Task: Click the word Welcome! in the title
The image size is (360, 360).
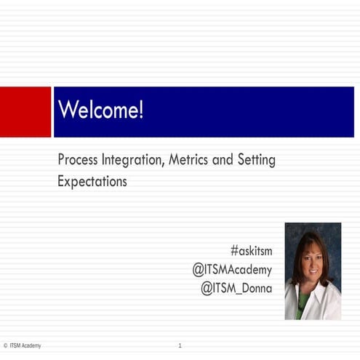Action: click(x=100, y=111)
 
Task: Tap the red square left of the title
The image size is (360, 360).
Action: click(x=25, y=111)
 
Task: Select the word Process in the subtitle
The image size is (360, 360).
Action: click(x=79, y=160)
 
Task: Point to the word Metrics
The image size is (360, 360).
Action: click(x=191, y=160)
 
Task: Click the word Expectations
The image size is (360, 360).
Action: click(x=92, y=182)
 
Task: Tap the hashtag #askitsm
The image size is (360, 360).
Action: click(x=251, y=251)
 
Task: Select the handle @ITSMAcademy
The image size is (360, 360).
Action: click(x=232, y=270)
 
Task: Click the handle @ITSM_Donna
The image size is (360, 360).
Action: click(x=236, y=288)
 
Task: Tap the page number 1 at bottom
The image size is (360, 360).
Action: click(x=180, y=345)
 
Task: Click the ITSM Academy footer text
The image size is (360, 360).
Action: click(x=26, y=345)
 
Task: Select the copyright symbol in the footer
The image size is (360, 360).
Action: click(x=5, y=345)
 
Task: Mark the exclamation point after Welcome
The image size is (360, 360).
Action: click(x=140, y=111)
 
